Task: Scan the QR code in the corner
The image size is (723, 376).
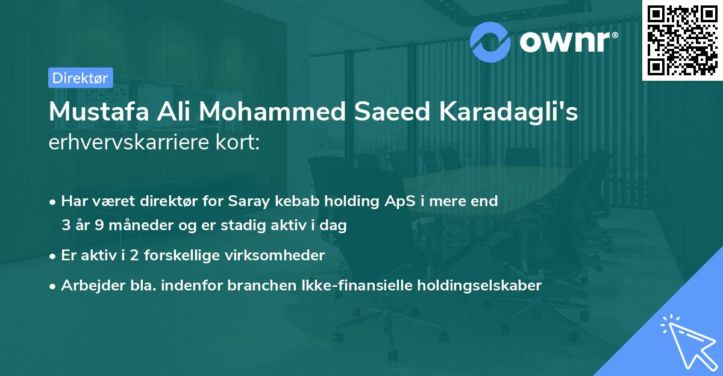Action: pyautogui.click(x=681, y=39)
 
